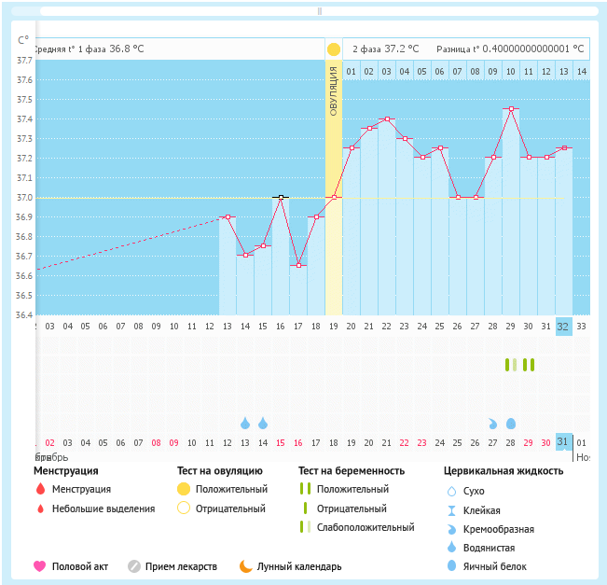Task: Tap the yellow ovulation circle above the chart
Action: click(334, 49)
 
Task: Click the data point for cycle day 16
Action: click(280, 198)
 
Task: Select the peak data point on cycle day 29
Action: click(511, 108)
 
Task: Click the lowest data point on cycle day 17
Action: click(298, 265)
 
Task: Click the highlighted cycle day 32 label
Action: click(563, 327)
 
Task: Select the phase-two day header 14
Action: click(582, 72)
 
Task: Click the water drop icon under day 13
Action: click(245, 423)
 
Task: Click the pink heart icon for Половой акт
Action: click(40, 566)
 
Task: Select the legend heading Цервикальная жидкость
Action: click(503, 471)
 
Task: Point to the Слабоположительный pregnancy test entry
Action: click(365, 527)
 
